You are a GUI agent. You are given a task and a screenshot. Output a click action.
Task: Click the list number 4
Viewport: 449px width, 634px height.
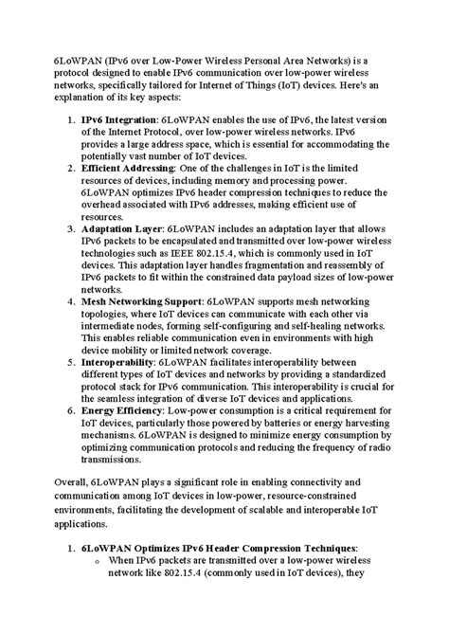point(72,301)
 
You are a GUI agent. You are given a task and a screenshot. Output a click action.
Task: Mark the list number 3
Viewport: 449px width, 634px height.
point(72,229)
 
